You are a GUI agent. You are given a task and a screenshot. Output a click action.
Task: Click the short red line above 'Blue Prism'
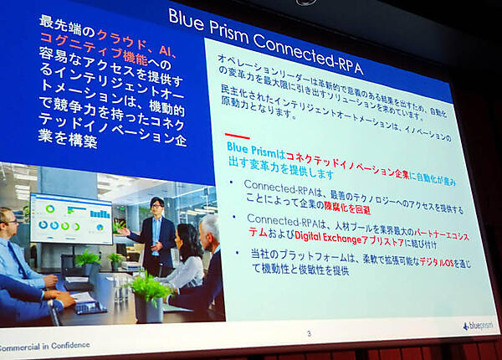(237, 136)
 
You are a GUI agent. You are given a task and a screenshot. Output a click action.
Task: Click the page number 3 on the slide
(308, 334)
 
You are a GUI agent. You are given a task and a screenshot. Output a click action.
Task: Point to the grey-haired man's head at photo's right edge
(210, 228)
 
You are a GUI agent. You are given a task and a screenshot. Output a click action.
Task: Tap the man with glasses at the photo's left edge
(12, 251)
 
